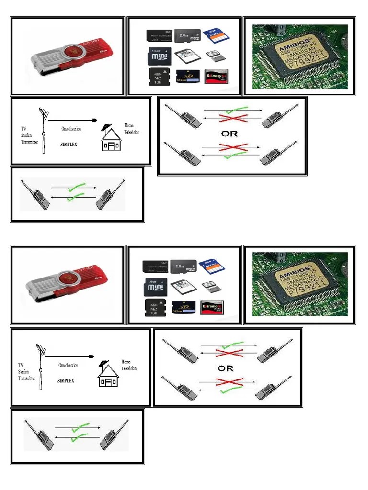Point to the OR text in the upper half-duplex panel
230,133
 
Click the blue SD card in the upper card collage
214,36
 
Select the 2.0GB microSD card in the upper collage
187,36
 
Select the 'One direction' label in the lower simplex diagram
69,365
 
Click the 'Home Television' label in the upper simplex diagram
132,129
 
